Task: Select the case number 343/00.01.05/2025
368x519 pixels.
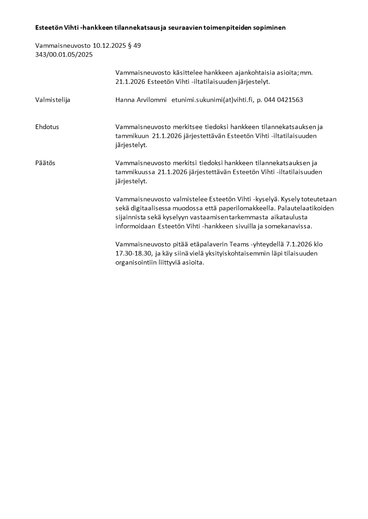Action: click(x=64, y=55)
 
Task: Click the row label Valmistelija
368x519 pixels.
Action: click(x=53, y=100)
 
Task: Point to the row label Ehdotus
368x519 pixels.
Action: click(x=47, y=127)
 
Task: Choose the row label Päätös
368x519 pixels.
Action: click(x=45, y=163)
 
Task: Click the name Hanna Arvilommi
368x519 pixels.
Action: click(x=141, y=100)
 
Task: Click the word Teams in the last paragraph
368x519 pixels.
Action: click(x=226, y=244)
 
